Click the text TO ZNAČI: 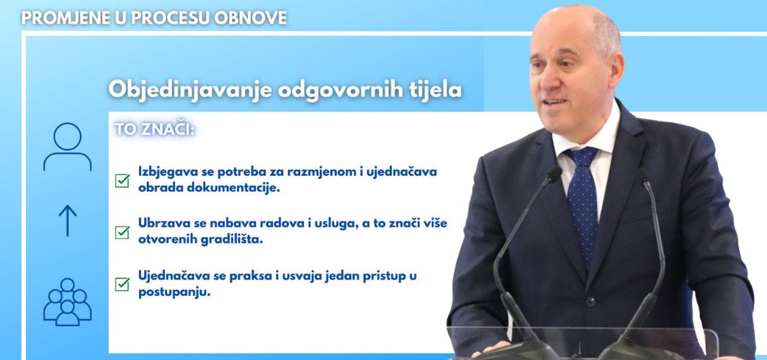coord(155,130)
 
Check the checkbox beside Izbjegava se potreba coord(122,181)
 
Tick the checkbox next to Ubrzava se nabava coord(122,233)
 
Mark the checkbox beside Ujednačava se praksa coord(122,284)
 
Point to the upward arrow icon coord(68,220)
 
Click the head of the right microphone coord(642,177)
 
